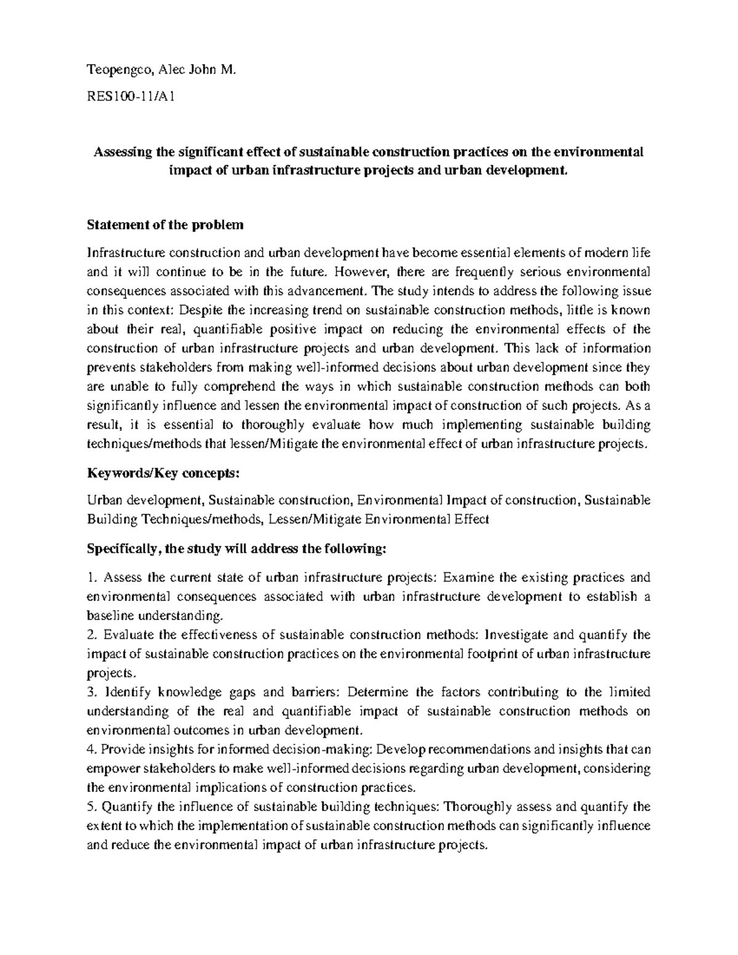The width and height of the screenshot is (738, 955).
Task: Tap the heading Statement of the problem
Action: tap(165, 225)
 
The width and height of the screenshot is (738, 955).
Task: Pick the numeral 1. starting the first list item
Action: tap(92, 577)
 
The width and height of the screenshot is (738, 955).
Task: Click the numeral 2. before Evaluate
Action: tap(92, 635)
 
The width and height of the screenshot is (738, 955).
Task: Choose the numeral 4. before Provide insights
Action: tap(92, 750)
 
